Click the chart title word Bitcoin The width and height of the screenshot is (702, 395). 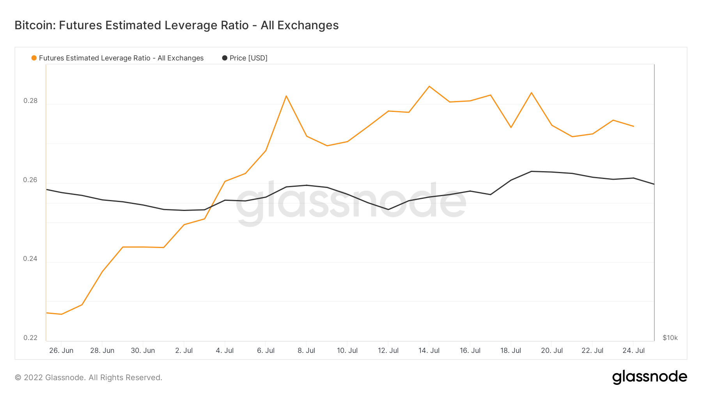[35, 25]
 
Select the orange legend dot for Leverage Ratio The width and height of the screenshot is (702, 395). [34, 58]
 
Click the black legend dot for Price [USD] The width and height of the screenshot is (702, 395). [225, 58]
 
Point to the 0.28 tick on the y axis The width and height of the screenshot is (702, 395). [30, 101]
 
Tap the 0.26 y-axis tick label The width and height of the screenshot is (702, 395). [30, 180]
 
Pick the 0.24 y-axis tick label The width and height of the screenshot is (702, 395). [30, 259]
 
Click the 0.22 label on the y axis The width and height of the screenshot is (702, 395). [30, 338]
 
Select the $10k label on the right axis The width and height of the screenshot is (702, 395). [670, 338]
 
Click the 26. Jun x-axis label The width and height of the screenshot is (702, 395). [61, 351]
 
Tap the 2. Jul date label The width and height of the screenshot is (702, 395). [184, 351]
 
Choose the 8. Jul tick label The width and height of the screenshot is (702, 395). [306, 351]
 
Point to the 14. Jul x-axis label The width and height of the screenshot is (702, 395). [429, 351]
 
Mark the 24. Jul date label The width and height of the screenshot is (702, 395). [633, 351]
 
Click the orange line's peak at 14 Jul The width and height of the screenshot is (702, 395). [429, 86]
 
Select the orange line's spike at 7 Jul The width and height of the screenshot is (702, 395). [286, 96]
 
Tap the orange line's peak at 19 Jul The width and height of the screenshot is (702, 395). [532, 93]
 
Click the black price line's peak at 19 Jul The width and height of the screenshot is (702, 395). [532, 171]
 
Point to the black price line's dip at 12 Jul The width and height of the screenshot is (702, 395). [388, 209]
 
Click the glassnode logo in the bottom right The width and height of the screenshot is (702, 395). [649, 377]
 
